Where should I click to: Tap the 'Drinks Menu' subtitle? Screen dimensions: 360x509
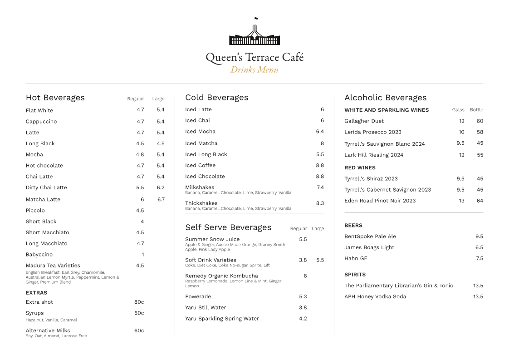point(254,69)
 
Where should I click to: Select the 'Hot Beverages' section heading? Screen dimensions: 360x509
point(55,98)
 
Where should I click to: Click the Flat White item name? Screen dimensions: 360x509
point(39,110)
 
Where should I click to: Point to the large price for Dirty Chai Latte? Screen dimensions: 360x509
point(161,187)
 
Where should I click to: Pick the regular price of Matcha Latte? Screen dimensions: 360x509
point(142,199)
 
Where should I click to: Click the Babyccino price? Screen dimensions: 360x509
point(142,254)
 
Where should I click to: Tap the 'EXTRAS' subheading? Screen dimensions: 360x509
point(36,293)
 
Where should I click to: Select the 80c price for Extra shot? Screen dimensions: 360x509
point(139,302)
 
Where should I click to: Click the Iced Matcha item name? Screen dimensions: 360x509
point(201,143)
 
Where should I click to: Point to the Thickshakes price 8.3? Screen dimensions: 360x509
point(320,203)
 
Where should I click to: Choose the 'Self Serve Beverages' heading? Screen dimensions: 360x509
point(228,227)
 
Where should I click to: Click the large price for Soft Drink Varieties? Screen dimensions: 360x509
point(320,260)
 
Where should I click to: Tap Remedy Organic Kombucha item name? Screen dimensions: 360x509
point(221,276)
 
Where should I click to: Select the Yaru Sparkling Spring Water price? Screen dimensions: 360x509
point(303,318)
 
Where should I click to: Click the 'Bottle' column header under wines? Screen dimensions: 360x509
point(476,110)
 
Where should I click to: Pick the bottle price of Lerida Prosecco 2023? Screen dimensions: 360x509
point(480,132)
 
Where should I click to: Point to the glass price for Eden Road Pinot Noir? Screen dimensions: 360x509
point(461,201)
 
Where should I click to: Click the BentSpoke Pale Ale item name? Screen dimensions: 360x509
point(370,237)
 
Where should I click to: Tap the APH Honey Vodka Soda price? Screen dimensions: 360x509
point(478,296)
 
